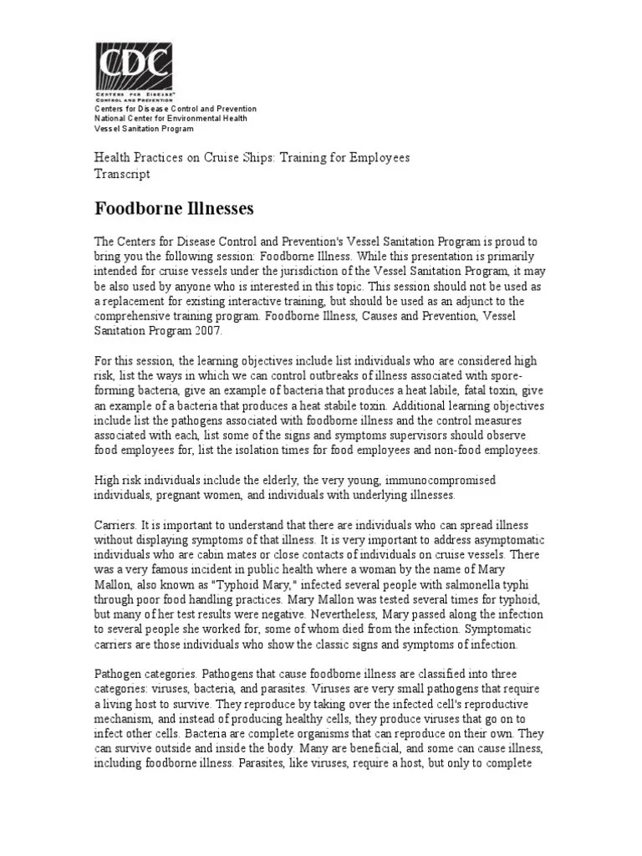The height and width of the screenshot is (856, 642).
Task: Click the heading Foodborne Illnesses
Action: coord(174,206)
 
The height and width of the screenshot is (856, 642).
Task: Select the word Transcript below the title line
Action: coord(121,174)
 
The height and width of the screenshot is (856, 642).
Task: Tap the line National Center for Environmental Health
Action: coord(171,119)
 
